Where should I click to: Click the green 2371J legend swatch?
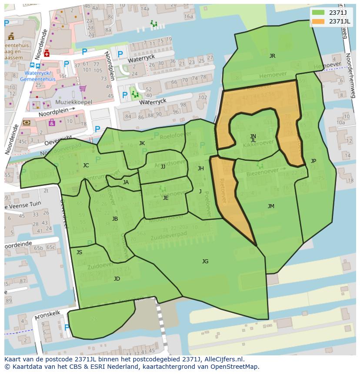point(318,12)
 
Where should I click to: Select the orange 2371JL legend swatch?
point(318,21)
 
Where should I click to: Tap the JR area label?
point(272,56)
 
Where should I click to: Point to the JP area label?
point(313,161)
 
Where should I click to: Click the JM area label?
point(271,206)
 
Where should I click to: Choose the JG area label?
point(205,261)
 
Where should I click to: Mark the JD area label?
point(117,279)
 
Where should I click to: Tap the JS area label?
point(79,252)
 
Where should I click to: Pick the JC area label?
point(86,165)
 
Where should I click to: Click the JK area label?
point(142,143)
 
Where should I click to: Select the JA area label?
point(126,182)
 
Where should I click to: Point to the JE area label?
point(165,198)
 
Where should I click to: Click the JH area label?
point(200,169)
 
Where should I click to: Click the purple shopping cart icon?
point(83,89)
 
